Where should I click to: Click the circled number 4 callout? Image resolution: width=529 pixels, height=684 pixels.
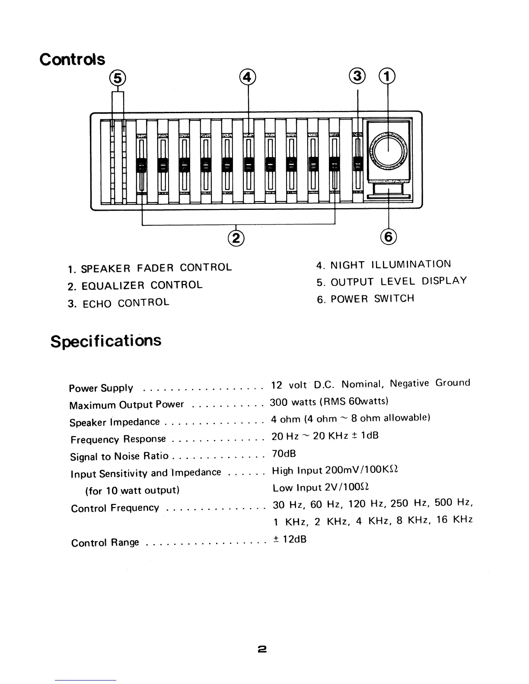(248, 76)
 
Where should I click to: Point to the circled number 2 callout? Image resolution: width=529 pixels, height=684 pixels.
(236, 237)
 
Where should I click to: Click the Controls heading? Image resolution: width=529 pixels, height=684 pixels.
(72, 59)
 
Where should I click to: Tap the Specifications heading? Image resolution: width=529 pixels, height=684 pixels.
(106, 341)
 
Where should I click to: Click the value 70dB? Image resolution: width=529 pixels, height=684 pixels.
(284, 453)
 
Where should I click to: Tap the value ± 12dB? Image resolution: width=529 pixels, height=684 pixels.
(290, 539)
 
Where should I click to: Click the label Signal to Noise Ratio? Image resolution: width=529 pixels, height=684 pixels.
(119, 456)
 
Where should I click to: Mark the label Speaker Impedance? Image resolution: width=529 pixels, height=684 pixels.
(115, 422)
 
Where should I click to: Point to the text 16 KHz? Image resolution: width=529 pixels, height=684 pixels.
(455, 519)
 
